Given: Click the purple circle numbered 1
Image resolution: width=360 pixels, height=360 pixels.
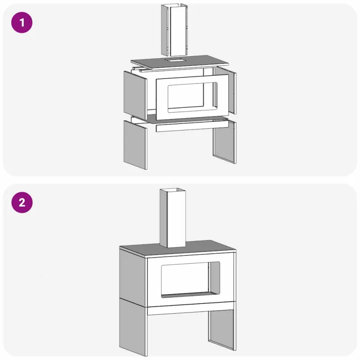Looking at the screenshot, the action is (x=22, y=22).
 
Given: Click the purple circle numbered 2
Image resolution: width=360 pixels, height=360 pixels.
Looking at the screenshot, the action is (x=22, y=202).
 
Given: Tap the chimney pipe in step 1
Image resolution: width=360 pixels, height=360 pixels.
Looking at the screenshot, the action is (x=175, y=30).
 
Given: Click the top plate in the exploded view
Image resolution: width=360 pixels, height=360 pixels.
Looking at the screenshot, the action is (x=180, y=63).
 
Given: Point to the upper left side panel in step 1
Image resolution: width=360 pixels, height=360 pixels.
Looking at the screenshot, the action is (x=135, y=95).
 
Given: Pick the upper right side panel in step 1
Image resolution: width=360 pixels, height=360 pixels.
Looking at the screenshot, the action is (x=225, y=91).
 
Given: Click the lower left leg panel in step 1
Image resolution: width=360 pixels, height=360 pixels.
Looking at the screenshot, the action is (x=135, y=145).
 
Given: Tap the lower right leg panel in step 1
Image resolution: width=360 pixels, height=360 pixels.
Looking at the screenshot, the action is (x=225, y=142).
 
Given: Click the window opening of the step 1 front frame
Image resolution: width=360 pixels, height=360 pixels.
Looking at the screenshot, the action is (x=193, y=97).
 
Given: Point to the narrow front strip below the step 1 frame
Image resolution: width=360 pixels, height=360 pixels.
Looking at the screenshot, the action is (x=192, y=126).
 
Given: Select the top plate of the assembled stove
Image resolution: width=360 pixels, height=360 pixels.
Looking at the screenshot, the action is (x=178, y=249).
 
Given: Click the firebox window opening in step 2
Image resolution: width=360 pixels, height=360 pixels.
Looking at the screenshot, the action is (x=190, y=279).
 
